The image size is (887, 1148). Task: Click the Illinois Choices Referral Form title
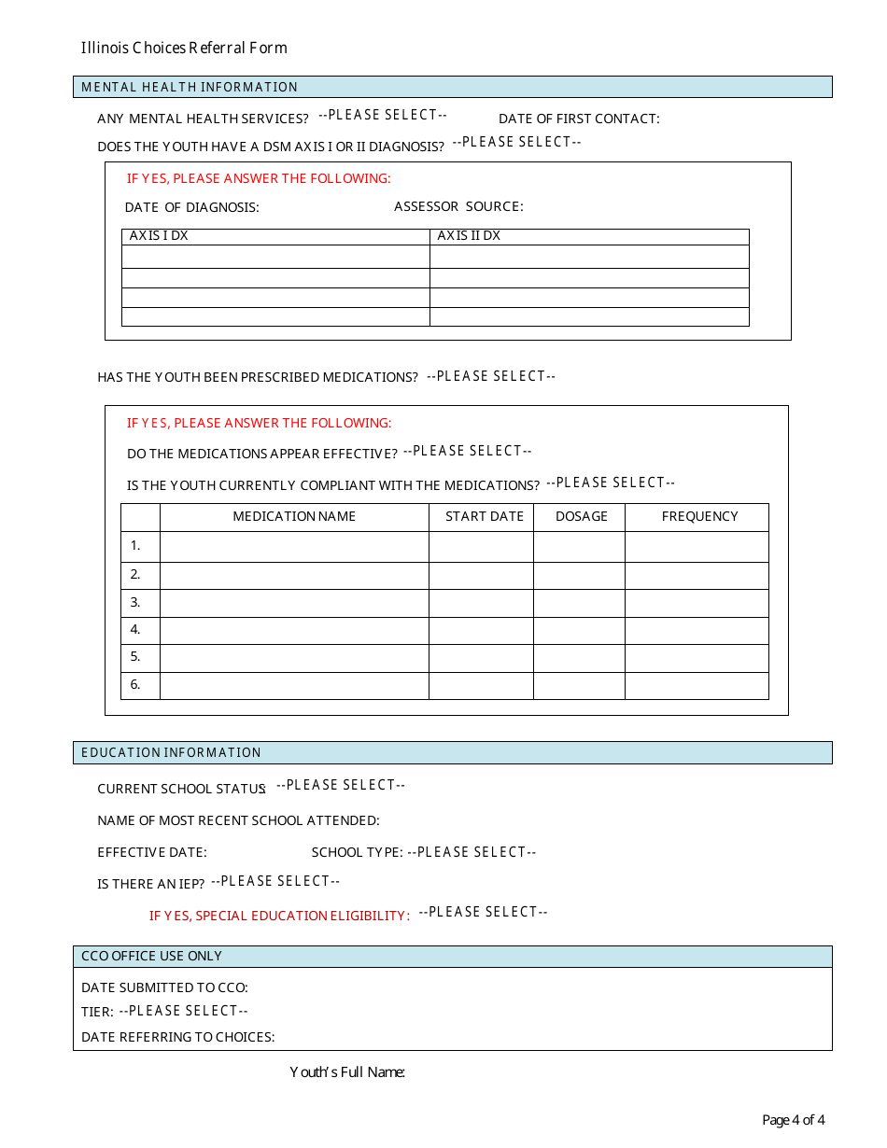[184, 48]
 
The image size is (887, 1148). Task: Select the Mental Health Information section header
[190, 87]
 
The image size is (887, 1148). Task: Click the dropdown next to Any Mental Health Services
[383, 115]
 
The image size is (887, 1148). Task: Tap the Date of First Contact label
[579, 119]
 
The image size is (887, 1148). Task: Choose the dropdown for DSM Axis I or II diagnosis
[516, 142]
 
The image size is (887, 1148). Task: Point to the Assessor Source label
[458, 206]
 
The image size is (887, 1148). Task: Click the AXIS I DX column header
[159, 236]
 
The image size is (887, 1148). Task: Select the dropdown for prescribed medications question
[491, 376]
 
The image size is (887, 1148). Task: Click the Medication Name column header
[294, 516]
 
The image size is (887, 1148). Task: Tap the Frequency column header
[699, 516]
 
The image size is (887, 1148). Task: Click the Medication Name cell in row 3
[294, 603]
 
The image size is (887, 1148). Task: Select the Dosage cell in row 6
[579, 685]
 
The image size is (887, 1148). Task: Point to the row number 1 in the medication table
[135, 546]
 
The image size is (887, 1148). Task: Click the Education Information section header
[171, 752]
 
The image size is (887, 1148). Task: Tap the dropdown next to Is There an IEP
[275, 881]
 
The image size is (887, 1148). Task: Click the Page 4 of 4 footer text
[793, 1120]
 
